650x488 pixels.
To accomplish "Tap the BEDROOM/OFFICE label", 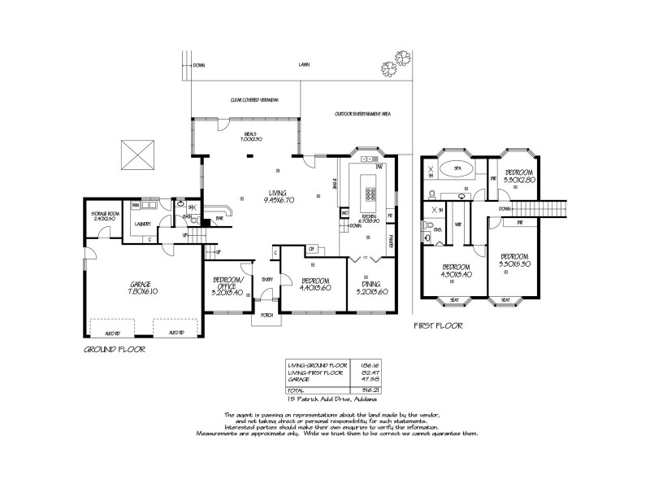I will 227,285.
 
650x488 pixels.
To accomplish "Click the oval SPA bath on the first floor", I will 457,168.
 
